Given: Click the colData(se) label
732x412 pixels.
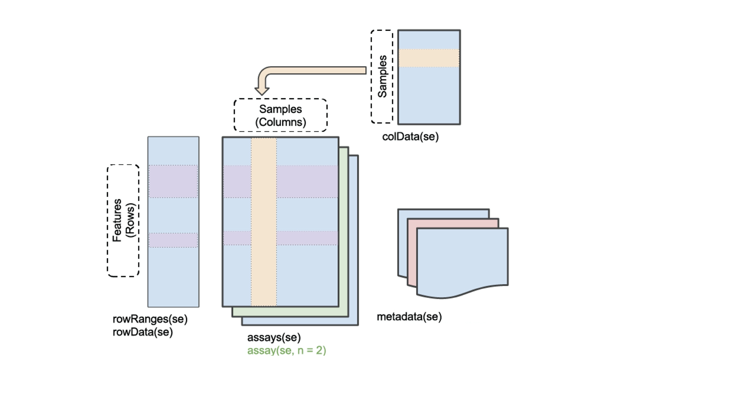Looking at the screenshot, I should [x=410, y=137].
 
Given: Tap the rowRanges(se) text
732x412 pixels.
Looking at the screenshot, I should [x=150, y=319].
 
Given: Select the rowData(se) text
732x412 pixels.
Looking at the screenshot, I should [x=143, y=332].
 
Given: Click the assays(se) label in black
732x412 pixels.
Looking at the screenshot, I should [x=274, y=337].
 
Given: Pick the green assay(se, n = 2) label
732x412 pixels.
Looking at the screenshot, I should [x=287, y=350].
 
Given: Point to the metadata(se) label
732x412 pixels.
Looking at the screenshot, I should [x=409, y=317].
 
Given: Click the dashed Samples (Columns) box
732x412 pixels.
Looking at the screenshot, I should [x=280, y=115].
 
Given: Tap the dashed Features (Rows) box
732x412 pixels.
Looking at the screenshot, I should [x=123, y=220].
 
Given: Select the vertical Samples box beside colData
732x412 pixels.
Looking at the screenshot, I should [x=382, y=76].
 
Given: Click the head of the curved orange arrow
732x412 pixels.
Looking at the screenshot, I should [x=262, y=91].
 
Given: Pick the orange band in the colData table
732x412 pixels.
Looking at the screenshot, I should [x=429, y=58].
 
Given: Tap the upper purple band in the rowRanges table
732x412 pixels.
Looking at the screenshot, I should [x=173, y=181].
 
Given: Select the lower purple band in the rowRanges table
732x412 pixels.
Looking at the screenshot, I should [x=173, y=240].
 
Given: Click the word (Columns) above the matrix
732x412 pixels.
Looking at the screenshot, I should [x=281, y=122].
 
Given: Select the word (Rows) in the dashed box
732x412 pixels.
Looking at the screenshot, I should [x=130, y=220].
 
